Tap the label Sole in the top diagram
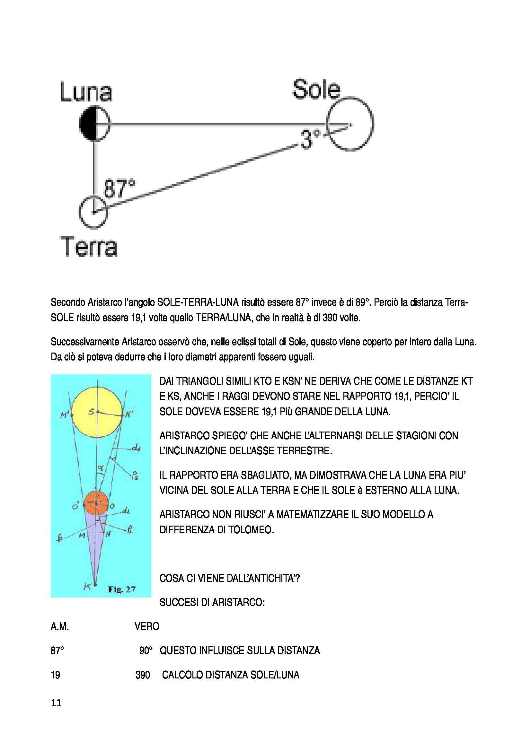[x=316, y=89]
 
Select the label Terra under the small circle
[x=89, y=246]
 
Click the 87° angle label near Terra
[x=119, y=189]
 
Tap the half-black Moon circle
[x=94, y=124]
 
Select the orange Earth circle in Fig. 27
[x=96, y=504]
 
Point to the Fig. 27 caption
[x=121, y=589]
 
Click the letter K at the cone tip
[x=87, y=587]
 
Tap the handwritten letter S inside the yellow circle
[x=91, y=412]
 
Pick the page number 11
[x=56, y=703]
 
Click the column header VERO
[x=146, y=626]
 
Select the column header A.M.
[x=59, y=626]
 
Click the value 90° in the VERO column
[x=146, y=651]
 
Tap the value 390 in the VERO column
[x=143, y=675]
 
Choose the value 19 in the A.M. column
[x=55, y=675]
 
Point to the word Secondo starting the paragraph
[x=68, y=302]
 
